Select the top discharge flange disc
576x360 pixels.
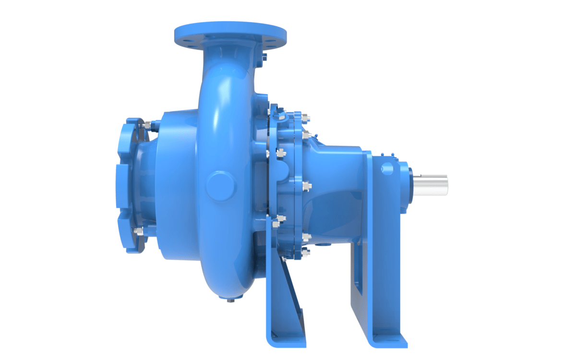coord(229,34)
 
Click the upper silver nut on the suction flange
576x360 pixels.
coord(147,125)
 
